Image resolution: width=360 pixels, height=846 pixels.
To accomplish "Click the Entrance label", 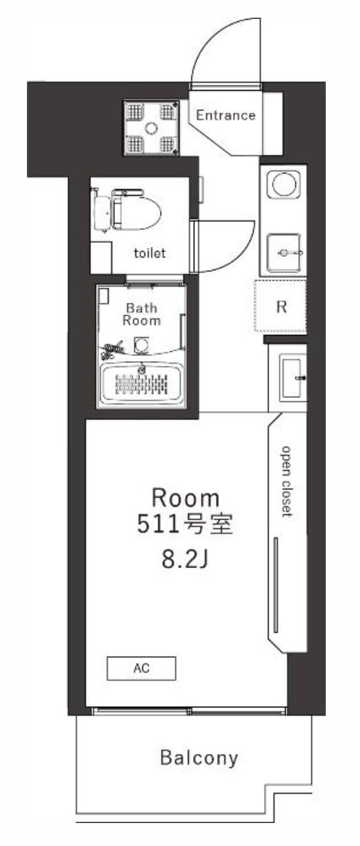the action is (225, 115).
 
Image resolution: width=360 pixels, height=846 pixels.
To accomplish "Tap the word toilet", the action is (150, 253).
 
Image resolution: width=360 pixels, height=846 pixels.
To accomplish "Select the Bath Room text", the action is (141, 314).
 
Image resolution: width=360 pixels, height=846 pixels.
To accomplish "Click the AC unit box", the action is (141, 668).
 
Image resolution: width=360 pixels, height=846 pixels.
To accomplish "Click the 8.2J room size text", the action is (185, 560).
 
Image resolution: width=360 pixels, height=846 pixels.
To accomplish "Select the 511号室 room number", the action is (185, 524).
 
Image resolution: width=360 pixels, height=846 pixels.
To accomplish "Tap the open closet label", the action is (286, 481).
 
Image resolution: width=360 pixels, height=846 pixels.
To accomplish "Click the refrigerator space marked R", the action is (281, 306).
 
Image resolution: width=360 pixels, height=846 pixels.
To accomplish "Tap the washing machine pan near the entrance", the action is (151, 127).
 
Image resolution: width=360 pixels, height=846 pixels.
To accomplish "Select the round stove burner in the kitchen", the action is (283, 185).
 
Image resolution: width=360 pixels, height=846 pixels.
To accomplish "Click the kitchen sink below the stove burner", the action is (284, 253).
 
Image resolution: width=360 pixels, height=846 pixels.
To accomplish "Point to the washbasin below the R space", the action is (293, 378).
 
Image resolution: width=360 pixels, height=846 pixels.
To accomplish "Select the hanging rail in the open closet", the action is (276, 585).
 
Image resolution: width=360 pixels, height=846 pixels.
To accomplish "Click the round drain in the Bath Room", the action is (141, 345).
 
